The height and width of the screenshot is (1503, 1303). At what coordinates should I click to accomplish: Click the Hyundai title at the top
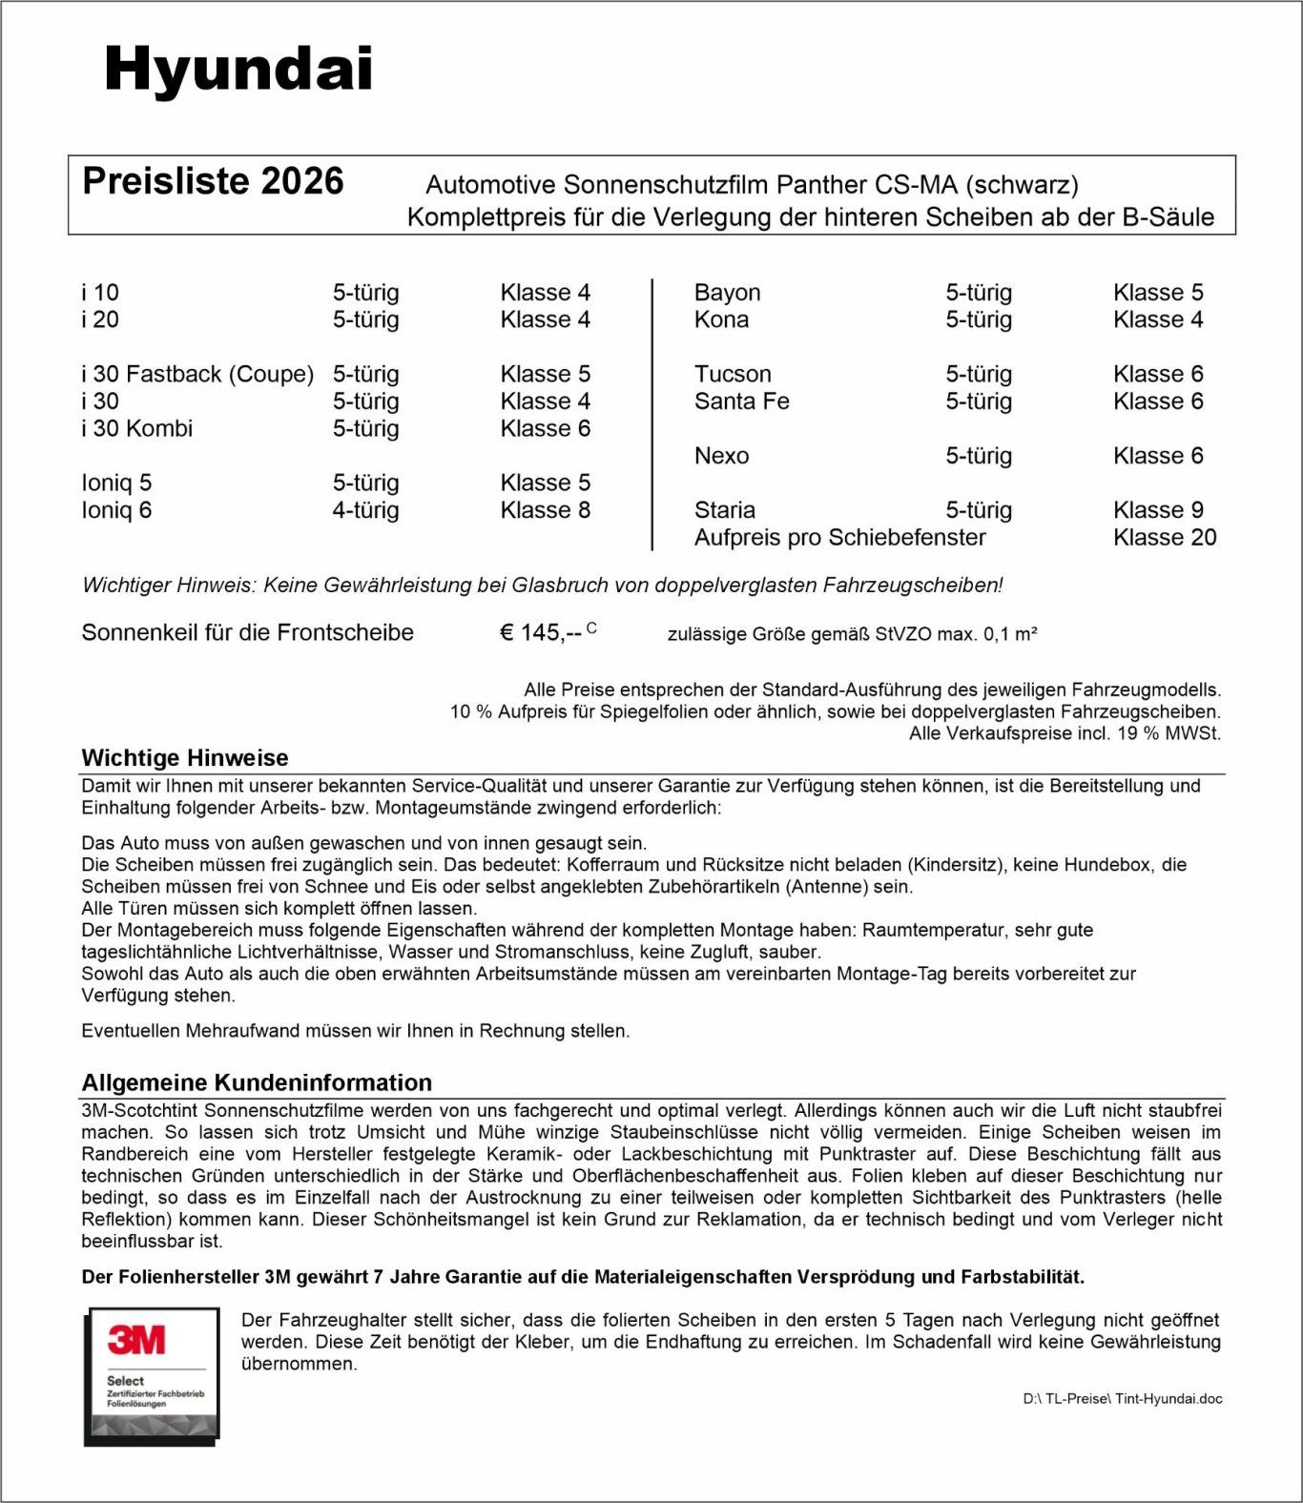tap(238, 70)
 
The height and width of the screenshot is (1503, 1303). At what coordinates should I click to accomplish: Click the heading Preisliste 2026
tap(213, 181)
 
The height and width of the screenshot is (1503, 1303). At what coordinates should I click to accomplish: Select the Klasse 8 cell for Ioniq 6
tap(545, 510)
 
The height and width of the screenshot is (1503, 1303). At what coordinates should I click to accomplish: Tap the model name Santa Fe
tap(741, 401)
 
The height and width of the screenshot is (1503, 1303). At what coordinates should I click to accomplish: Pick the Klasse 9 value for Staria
tap(1157, 510)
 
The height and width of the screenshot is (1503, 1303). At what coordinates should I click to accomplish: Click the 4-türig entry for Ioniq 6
tap(365, 510)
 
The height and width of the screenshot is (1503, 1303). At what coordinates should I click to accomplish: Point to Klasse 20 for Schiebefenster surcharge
tap(1164, 538)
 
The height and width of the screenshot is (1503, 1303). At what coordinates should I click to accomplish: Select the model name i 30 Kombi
tap(136, 429)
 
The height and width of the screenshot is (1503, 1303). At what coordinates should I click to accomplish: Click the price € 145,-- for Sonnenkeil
tap(541, 632)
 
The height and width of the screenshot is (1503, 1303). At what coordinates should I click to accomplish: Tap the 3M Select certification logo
tap(152, 1375)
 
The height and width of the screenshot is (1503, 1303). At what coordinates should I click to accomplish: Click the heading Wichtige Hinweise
tap(185, 758)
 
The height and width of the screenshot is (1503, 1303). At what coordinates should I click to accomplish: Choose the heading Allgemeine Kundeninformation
tap(257, 1082)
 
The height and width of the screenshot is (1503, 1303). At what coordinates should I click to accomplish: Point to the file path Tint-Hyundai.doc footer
tap(1122, 1399)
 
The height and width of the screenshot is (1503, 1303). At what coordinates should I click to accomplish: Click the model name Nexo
tap(721, 456)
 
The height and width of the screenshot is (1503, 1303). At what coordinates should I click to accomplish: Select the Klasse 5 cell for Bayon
tap(1157, 293)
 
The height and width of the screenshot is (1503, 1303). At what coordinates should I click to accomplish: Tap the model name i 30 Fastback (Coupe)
tap(197, 374)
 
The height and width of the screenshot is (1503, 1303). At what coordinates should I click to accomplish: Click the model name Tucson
tap(732, 374)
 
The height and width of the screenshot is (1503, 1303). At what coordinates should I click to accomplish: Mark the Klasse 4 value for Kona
tap(1157, 319)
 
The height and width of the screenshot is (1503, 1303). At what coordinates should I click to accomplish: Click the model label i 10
tap(100, 293)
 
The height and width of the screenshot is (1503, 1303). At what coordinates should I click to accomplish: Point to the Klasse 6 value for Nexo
tap(1157, 456)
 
